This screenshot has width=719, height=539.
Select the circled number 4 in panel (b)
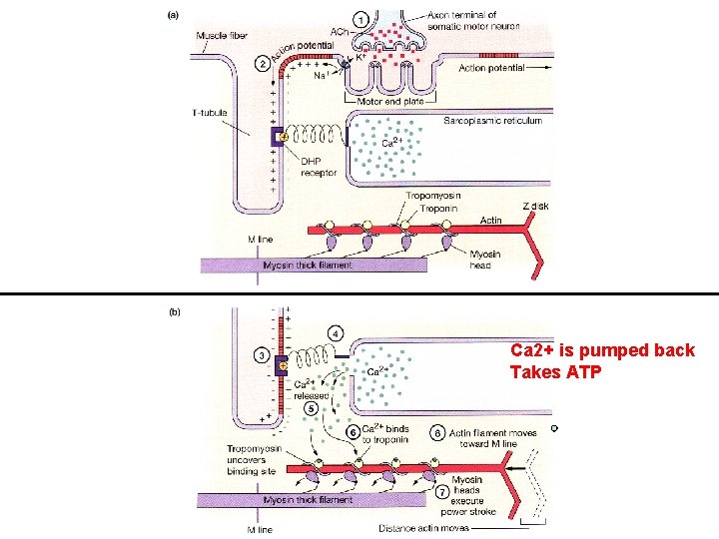[337, 332]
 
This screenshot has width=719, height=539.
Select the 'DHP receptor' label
[318, 168]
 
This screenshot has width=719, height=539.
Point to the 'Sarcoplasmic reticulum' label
[492, 121]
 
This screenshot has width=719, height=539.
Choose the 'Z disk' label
[535, 206]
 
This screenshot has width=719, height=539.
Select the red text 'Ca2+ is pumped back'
[601, 351]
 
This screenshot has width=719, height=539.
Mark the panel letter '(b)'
[174, 312]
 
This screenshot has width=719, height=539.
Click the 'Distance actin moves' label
[420, 528]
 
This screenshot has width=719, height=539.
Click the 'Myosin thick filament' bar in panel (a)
[316, 266]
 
